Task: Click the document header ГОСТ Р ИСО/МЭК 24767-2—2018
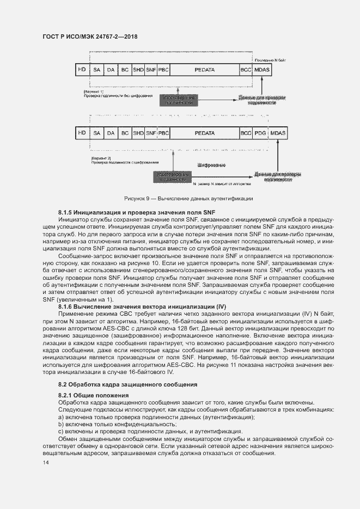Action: [x=90, y=36]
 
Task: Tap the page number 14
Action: [x=45, y=462]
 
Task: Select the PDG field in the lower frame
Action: [x=261, y=133]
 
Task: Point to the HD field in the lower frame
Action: [x=82, y=133]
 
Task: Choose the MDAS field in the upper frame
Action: [x=262, y=70]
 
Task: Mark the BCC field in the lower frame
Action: [x=246, y=133]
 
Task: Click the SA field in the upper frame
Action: [x=97, y=70]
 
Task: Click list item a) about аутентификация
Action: [x=156, y=416]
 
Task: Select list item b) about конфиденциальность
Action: [x=117, y=424]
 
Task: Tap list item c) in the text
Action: [x=150, y=431]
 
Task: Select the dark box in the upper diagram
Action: [x=178, y=100]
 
